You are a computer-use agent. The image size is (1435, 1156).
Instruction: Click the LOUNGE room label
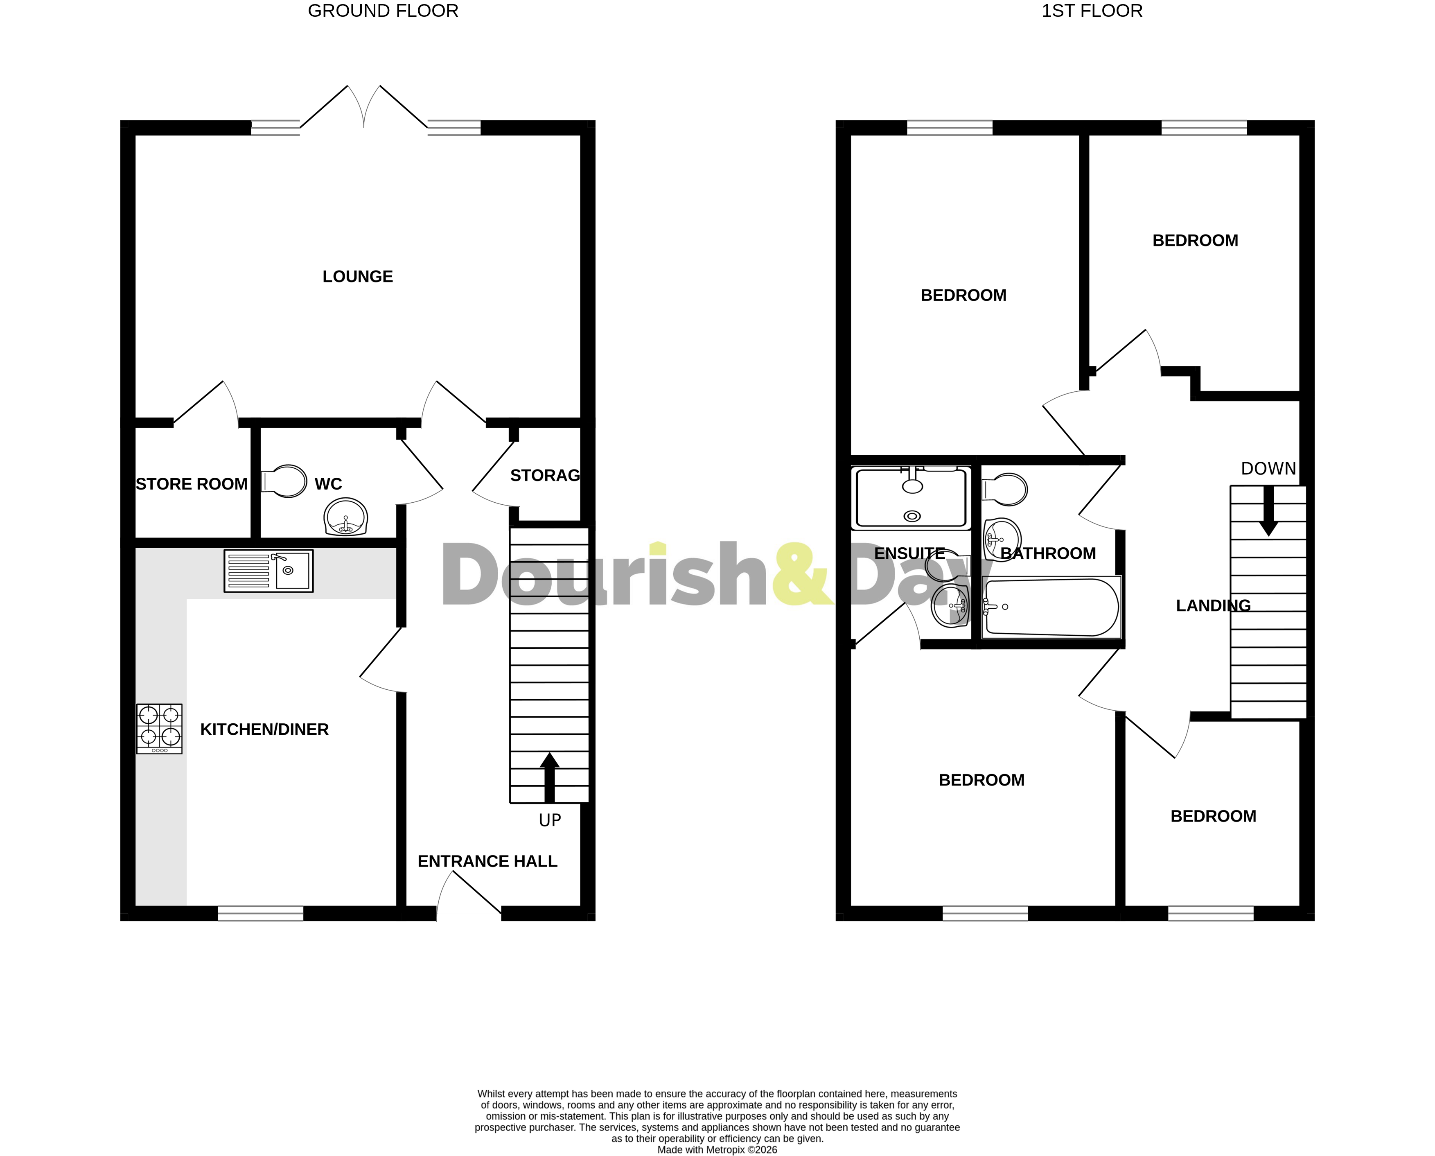pyautogui.click(x=358, y=276)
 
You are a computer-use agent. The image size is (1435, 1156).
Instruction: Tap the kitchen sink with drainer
pyautogui.click(x=268, y=571)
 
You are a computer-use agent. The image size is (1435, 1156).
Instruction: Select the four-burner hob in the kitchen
pyautogui.click(x=159, y=729)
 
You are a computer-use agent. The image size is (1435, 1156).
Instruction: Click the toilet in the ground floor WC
pyautogui.click(x=284, y=481)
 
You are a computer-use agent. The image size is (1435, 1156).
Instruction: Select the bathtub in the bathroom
pyautogui.click(x=1051, y=607)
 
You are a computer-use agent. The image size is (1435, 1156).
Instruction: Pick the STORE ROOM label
pyautogui.click(x=192, y=484)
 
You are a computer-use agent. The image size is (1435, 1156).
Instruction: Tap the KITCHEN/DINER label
pyautogui.click(x=264, y=730)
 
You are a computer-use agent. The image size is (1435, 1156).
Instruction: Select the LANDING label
pyautogui.click(x=1213, y=605)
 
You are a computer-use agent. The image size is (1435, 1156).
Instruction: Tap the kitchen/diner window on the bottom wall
pyautogui.click(x=260, y=913)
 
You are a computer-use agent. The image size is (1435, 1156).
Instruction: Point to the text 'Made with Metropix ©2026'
pyautogui.click(x=717, y=1150)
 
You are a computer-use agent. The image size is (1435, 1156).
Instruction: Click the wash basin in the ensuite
pyautogui.click(x=950, y=606)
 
